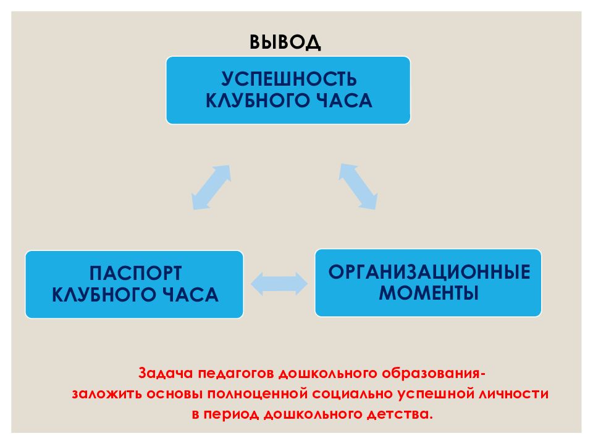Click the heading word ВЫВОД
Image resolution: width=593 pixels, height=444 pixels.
click(x=285, y=42)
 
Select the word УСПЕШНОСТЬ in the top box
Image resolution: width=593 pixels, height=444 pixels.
click(x=289, y=79)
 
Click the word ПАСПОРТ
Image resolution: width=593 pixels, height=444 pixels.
click(x=135, y=273)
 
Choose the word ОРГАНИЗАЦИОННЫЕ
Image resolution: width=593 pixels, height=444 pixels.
click(x=429, y=272)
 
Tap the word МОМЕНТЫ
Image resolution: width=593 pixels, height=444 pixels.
click(x=429, y=293)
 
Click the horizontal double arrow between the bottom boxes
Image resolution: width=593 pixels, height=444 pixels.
click(x=279, y=284)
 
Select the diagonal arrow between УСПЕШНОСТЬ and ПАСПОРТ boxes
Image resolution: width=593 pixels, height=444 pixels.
click(x=211, y=187)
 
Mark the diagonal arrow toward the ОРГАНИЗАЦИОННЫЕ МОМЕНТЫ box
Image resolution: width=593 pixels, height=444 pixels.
click(x=358, y=186)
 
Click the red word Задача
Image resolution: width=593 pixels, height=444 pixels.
click(x=166, y=373)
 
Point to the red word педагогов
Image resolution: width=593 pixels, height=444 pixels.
click(x=236, y=374)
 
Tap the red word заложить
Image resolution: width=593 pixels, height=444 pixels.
click(x=106, y=394)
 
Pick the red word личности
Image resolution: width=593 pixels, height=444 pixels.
click(x=513, y=394)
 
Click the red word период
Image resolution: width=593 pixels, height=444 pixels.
click(x=231, y=414)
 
